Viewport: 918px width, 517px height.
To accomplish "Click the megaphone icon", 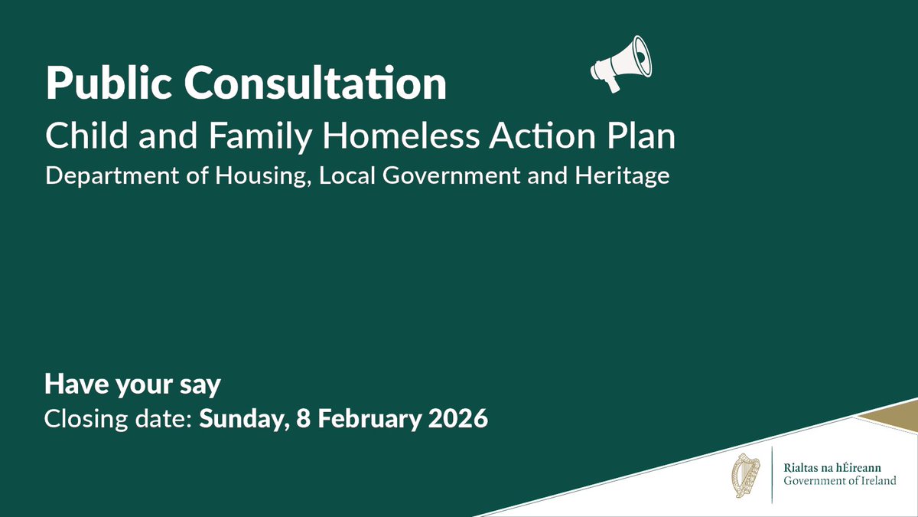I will pyautogui.click(x=620, y=65).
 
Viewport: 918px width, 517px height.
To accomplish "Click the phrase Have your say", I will pyautogui.click(x=132, y=384).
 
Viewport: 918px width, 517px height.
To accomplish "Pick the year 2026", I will pyautogui.click(x=457, y=420).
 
